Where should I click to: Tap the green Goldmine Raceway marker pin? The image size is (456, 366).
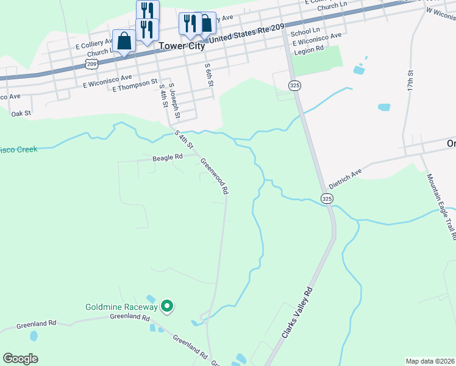168,307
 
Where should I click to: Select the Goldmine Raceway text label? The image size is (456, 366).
121,307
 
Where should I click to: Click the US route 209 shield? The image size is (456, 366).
91,63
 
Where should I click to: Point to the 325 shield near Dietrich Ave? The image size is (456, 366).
327,198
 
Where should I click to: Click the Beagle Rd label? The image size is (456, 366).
168,157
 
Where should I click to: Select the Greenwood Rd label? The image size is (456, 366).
215,176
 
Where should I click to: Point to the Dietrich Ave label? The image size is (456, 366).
345,178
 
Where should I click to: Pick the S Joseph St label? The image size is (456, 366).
174,101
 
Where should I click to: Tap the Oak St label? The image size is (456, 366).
21,113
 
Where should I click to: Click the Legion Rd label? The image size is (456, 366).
308,51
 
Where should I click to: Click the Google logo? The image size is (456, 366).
21,358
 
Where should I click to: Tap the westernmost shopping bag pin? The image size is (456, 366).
124,41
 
